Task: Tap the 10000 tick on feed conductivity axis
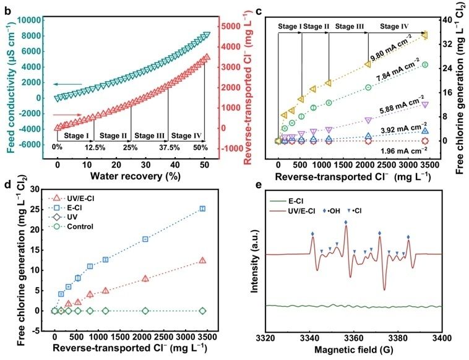tap(30, 20)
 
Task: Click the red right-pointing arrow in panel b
tap(66, 114)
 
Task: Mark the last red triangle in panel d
tap(202, 261)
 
